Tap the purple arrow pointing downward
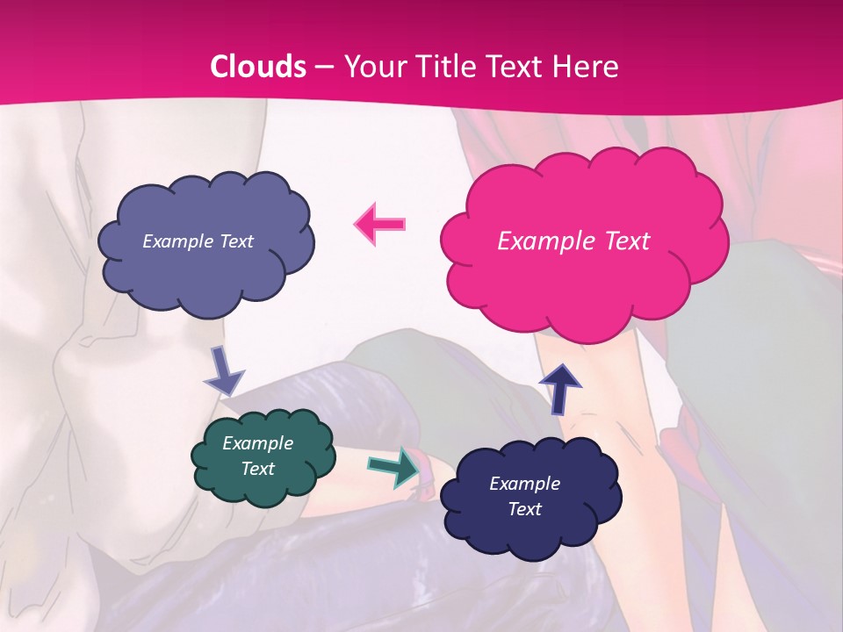(223, 372)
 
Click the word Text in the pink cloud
(624, 241)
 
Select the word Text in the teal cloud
(258, 469)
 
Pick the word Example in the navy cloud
(524, 484)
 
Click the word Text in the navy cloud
(525, 509)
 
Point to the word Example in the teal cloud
(258, 443)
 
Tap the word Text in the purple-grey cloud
(236, 241)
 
